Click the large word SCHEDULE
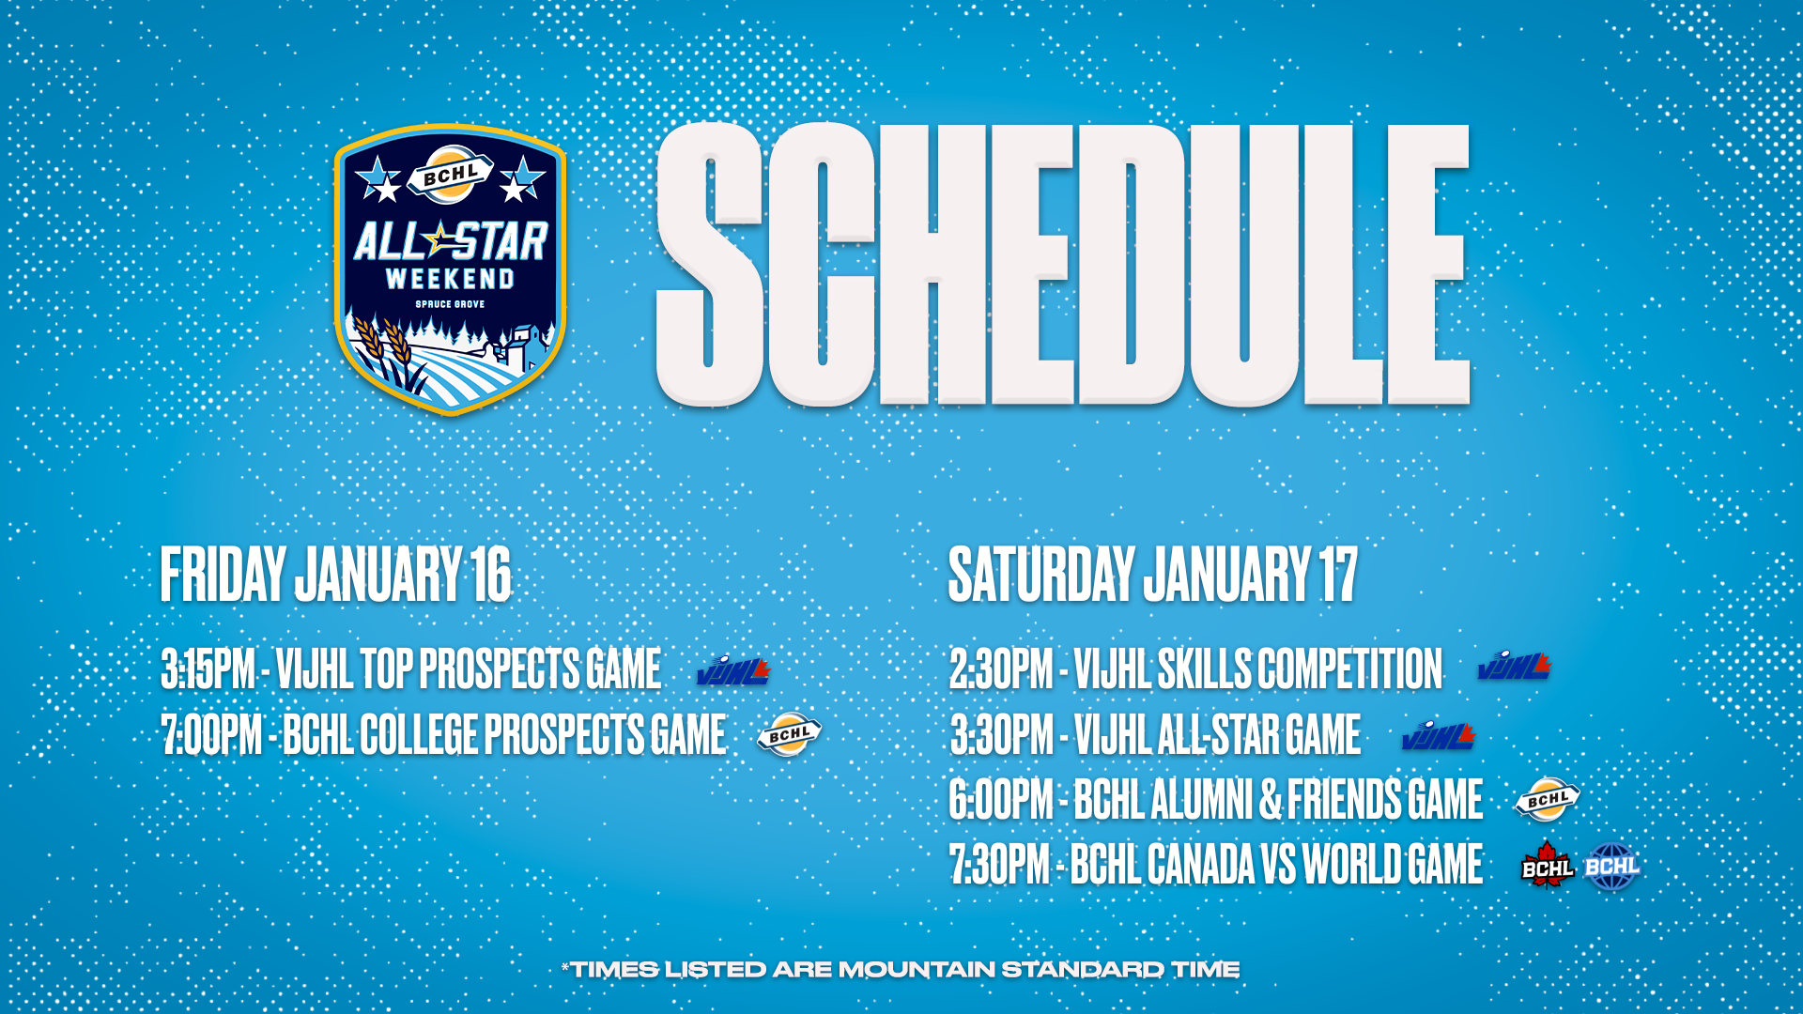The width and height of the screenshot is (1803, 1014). click(1063, 265)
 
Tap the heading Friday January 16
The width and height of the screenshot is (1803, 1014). click(335, 575)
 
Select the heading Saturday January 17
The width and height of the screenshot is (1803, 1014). click(1152, 575)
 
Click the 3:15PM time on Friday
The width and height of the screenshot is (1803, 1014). click(208, 669)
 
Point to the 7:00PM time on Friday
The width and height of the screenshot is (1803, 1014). click(212, 734)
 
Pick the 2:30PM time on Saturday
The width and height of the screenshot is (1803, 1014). click(1001, 669)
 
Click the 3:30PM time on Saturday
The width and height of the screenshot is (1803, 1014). click(1002, 734)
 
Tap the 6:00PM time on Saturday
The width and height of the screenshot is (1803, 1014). click(1001, 799)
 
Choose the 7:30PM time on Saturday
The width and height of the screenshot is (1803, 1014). click(999, 864)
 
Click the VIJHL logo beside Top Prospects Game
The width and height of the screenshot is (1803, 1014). click(733, 669)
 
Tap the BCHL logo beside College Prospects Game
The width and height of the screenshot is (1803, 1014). click(790, 734)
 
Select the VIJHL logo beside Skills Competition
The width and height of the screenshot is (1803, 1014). click(1514, 666)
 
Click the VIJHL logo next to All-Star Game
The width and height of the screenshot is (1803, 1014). click(1438, 736)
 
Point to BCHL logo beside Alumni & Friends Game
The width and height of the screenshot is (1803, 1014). click(1548, 799)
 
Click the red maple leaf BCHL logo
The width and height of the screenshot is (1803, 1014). click(1548, 865)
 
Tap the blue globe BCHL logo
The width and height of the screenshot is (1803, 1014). click(1611, 866)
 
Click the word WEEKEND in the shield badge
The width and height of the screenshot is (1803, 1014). click(451, 279)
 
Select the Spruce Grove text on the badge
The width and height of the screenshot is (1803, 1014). click(451, 304)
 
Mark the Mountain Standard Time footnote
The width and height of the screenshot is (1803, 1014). click(901, 970)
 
